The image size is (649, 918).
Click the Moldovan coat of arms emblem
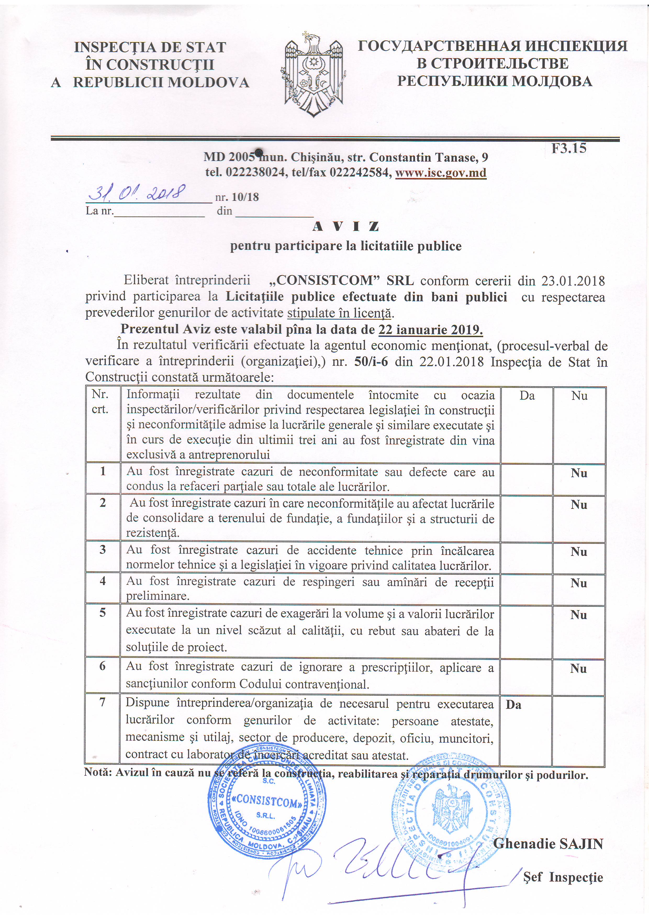(313, 74)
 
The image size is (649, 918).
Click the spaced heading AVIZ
(346, 227)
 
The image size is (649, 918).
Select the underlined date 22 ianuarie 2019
(430, 330)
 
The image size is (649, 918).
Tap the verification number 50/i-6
(371, 362)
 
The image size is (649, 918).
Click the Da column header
(527, 396)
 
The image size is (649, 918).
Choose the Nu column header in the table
(579, 396)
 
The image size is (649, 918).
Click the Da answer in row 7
(513, 705)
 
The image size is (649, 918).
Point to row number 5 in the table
(103, 613)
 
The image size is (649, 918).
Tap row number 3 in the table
(103, 550)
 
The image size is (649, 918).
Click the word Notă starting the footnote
(98, 772)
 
